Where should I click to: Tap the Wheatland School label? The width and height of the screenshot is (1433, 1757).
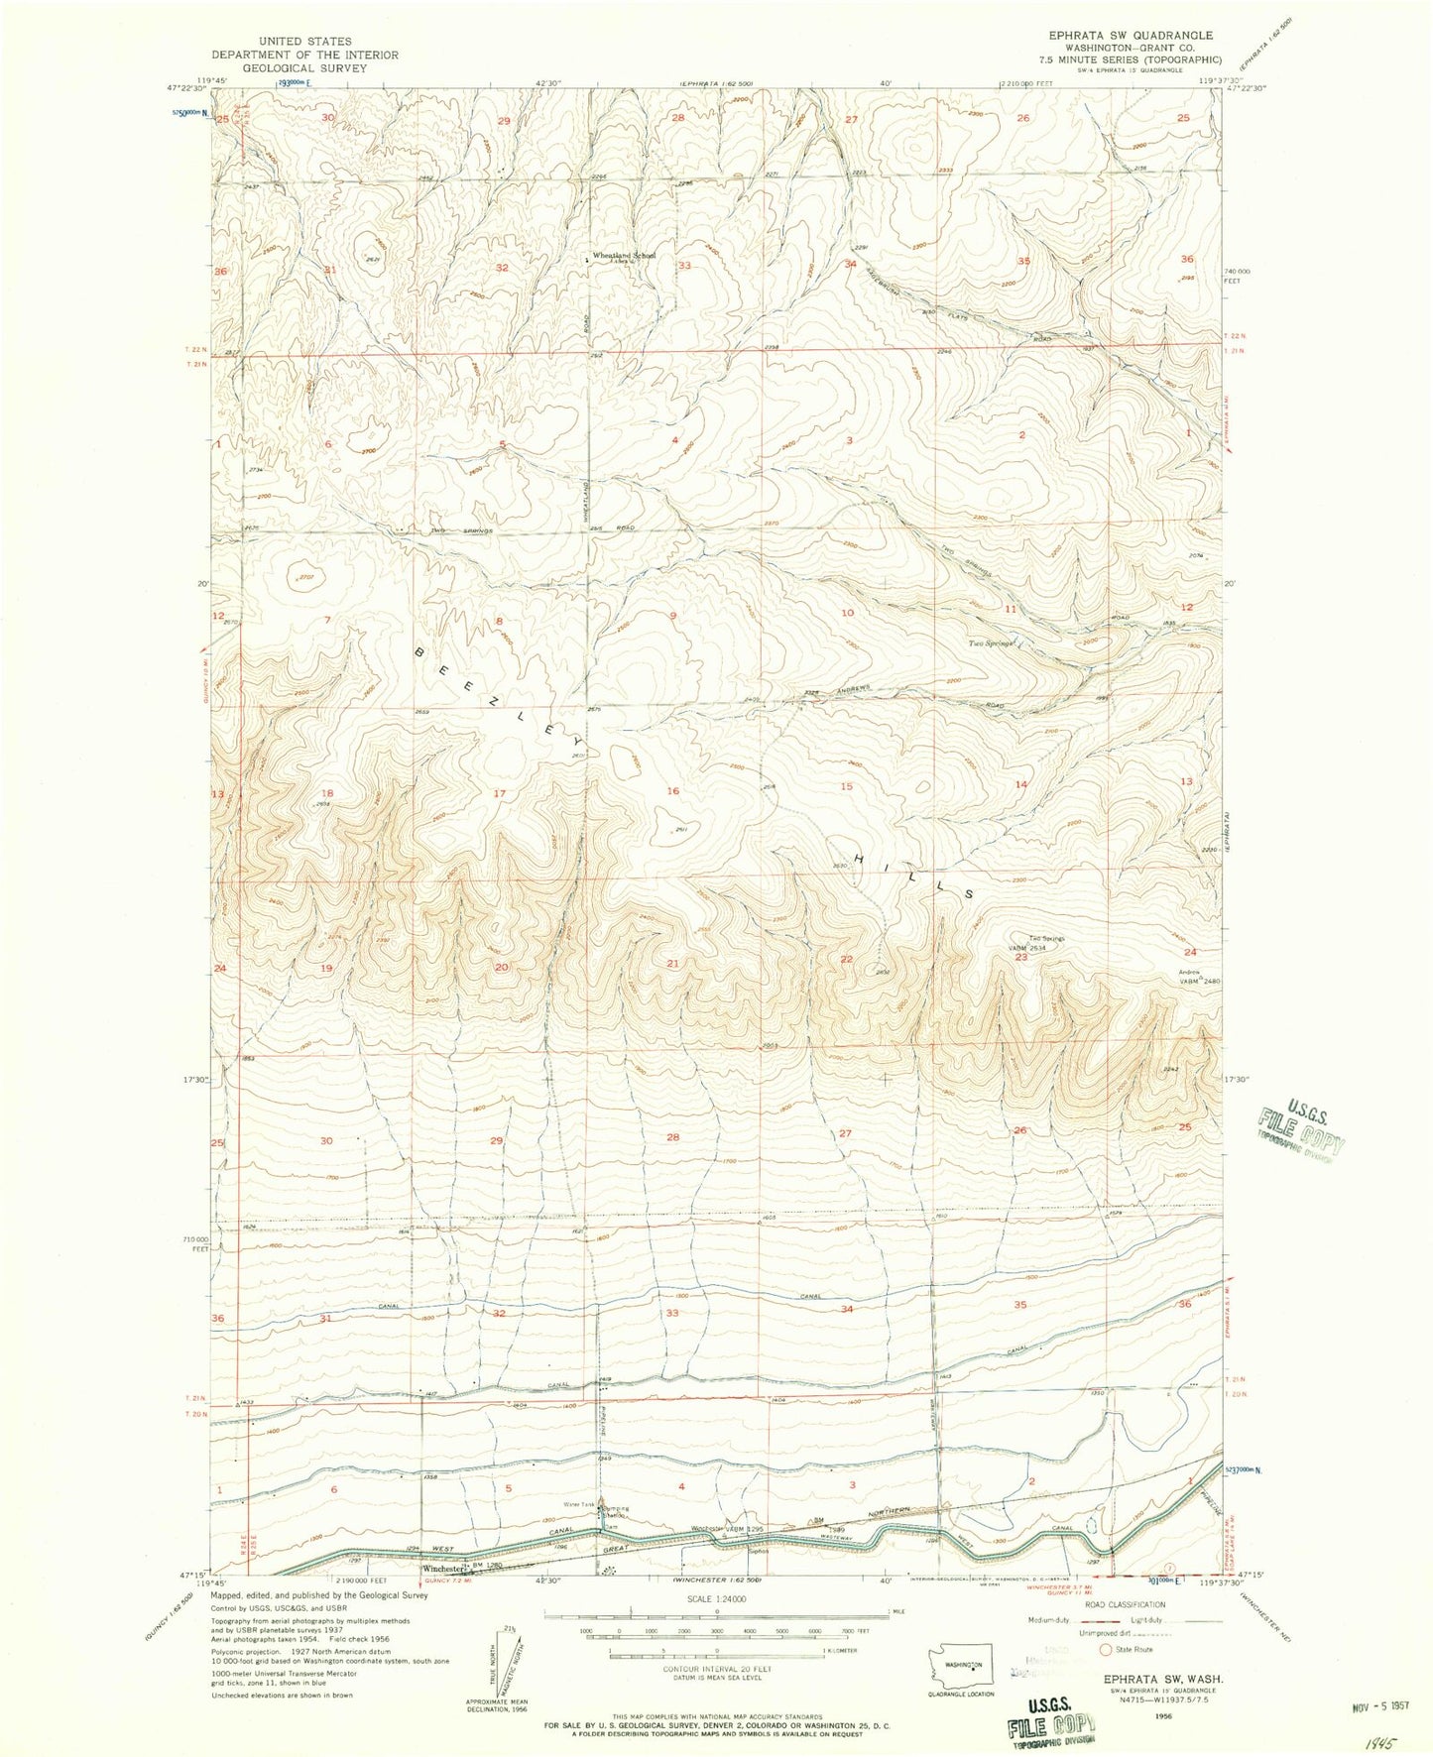[624, 257]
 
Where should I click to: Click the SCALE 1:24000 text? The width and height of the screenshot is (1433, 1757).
[716, 1599]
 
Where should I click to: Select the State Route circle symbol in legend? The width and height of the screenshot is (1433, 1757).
[1106, 1650]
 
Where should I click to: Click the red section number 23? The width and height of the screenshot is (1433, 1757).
[1019, 958]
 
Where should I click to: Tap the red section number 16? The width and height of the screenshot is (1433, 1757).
[673, 790]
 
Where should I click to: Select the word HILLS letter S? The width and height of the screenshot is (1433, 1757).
[968, 893]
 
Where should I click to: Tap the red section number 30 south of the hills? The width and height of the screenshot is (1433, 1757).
[327, 1141]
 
